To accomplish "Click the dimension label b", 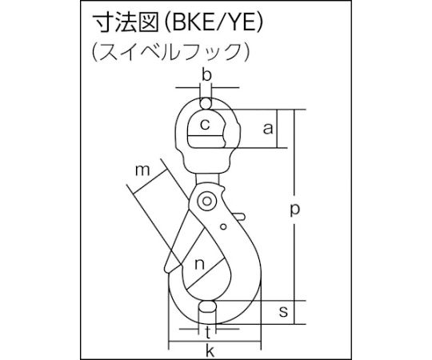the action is coord(206,75).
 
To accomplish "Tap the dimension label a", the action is coord(267,128).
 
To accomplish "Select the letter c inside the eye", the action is coord(205,125).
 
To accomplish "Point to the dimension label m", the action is coord(142,170).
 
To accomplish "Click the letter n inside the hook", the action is coord(199,264).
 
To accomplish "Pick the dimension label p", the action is coord(294,210).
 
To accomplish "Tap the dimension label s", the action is coord(283,311).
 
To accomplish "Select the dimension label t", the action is coord(208,333).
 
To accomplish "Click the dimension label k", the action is coord(210,350).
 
